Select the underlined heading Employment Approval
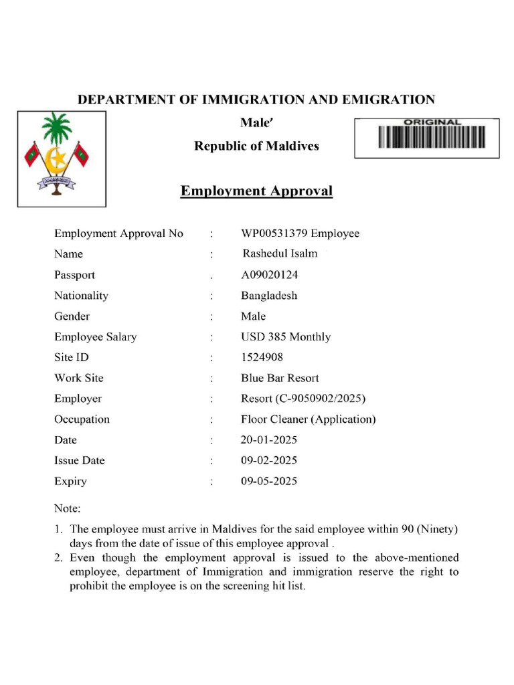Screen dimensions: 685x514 click(256, 191)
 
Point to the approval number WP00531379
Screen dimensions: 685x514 click(270, 233)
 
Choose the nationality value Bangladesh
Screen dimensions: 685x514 click(269, 296)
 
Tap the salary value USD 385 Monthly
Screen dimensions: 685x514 click(286, 337)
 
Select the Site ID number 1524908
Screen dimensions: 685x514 click(262, 358)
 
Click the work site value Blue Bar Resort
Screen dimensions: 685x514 click(280, 378)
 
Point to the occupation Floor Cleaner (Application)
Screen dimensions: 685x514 click(308, 419)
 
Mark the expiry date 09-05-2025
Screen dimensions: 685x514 click(269, 481)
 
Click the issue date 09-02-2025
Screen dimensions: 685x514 click(269, 460)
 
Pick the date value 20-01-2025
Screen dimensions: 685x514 click(269, 440)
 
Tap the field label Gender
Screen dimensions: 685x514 click(72, 316)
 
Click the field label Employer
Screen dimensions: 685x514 click(78, 399)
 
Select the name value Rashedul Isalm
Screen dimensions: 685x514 click(280, 254)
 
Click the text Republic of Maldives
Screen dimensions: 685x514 click(256, 146)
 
